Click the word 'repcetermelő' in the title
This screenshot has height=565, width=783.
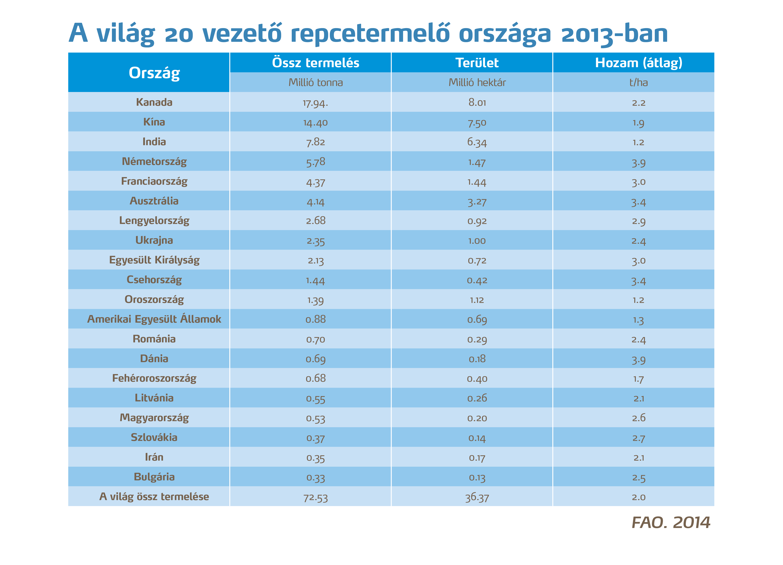pos(370,34)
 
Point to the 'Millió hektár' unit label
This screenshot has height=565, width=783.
pos(477,83)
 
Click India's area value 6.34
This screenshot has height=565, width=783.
pos(477,142)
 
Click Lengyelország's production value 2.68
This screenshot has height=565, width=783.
pos(316,221)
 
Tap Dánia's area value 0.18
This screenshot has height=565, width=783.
pos(477,359)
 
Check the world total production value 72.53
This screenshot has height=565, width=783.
pos(316,497)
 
